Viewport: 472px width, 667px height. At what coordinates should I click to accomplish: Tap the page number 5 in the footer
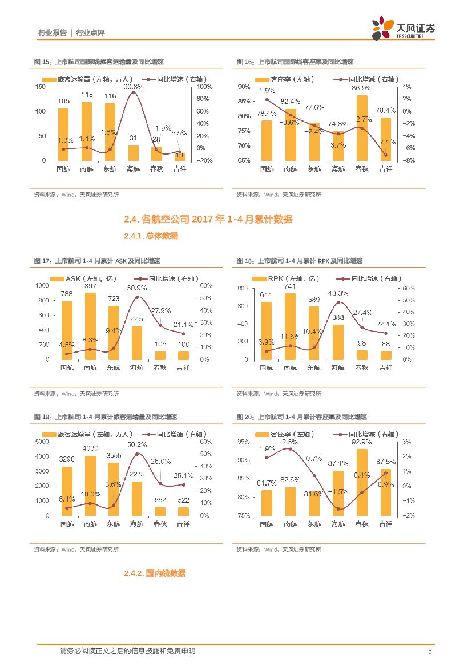[430, 651]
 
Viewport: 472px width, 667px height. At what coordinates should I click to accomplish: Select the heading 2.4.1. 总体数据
[151, 236]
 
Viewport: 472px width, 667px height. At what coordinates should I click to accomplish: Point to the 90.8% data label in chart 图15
[134, 87]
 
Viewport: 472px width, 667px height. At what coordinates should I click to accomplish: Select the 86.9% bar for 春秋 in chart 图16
[362, 128]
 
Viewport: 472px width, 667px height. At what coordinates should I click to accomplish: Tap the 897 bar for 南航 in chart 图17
[90, 326]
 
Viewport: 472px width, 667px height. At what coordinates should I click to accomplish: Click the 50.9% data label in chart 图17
[137, 288]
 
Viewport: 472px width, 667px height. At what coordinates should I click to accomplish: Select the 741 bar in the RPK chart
[290, 326]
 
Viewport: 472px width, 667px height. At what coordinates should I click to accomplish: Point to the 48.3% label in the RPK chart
[337, 293]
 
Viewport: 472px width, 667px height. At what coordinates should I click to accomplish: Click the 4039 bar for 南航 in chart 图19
[90, 485]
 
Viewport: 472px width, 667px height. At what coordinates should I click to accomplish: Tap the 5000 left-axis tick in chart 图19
[42, 441]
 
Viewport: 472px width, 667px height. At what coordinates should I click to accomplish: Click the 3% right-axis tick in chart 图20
[407, 442]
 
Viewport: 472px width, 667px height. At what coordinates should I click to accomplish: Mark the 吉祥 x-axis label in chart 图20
[385, 523]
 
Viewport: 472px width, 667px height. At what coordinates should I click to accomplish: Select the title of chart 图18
[300, 261]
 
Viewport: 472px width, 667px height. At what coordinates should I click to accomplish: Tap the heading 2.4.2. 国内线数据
[155, 573]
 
